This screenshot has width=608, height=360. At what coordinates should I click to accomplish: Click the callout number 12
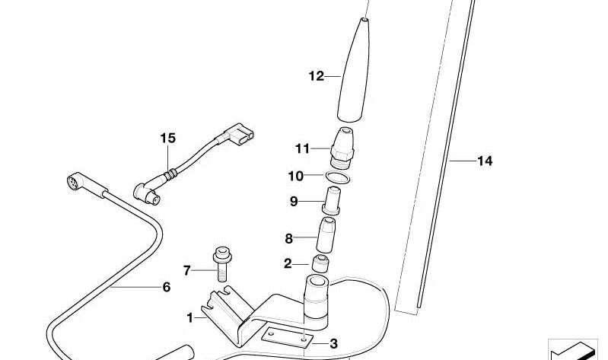click(316, 76)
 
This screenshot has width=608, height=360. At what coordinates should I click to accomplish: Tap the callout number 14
click(485, 161)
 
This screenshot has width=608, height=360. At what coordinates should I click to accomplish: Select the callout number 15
click(168, 138)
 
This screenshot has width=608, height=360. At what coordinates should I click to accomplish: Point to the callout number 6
click(167, 287)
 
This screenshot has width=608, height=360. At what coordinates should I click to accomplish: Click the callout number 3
click(333, 344)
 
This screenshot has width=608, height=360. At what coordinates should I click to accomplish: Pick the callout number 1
click(189, 318)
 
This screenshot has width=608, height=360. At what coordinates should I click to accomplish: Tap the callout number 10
click(295, 176)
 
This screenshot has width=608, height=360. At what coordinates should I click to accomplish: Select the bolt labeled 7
click(221, 264)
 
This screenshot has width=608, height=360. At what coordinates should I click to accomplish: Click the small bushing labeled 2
click(320, 264)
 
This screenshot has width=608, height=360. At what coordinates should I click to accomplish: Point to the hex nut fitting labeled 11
click(342, 148)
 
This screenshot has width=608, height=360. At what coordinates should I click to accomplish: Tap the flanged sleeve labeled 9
click(333, 201)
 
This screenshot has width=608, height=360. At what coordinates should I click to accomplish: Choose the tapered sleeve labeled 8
click(326, 235)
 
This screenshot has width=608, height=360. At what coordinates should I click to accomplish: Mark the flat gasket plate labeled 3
click(287, 337)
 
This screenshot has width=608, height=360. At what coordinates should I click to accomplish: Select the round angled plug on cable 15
click(148, 193)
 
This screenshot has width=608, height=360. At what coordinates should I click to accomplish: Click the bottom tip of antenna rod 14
click(419, 307)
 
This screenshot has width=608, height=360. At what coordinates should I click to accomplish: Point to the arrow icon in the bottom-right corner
click(573, 350)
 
